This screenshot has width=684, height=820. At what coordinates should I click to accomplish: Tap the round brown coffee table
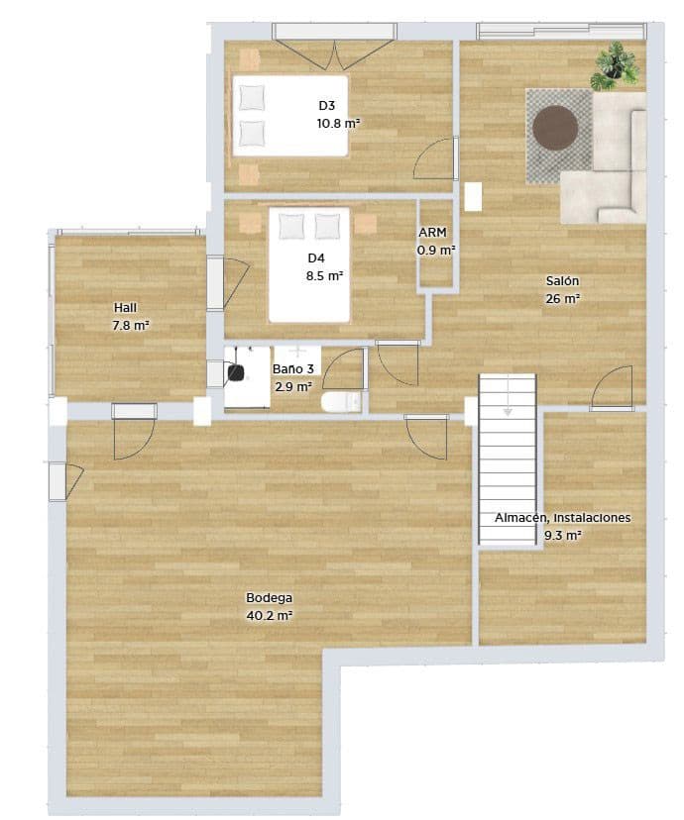tap(556, 128)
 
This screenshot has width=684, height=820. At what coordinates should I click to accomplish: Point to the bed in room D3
tap(289, 116)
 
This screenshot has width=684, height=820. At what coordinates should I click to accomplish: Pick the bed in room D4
tap(309, 264)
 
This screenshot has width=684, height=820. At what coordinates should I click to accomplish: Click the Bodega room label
tap(269, 598)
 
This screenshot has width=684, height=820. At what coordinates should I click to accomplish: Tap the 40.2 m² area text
tap(269, 615)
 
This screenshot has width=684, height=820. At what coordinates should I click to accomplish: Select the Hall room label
tap(125, 307)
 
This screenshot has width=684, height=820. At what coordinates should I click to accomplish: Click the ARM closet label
tap(432, 233)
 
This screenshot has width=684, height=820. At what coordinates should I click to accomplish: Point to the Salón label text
tap(562, 280)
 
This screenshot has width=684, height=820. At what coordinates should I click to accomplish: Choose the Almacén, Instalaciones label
tap(562, 518)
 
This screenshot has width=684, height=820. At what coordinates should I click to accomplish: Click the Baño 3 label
tap(293, 369)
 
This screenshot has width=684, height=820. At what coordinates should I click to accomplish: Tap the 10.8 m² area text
tap(338, 123)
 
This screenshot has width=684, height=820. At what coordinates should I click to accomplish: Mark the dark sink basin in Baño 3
tap(237, 371)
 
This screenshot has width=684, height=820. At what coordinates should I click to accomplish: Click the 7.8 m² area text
tap(131, 324)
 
